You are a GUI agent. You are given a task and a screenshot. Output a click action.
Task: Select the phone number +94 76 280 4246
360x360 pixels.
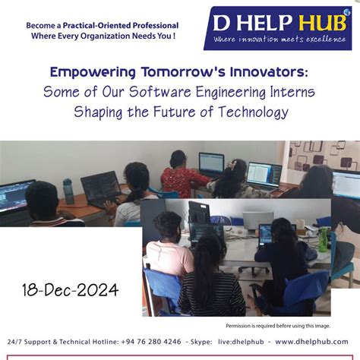(x=150, y=342)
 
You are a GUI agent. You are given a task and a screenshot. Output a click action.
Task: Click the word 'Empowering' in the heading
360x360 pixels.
(x=87, y=72)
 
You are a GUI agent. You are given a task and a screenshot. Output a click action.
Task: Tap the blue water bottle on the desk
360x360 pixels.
(x=68, y=190)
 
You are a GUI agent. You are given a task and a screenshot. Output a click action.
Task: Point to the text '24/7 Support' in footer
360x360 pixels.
(x=30, y=342)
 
